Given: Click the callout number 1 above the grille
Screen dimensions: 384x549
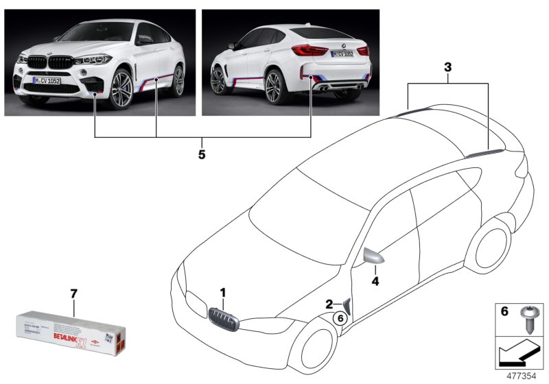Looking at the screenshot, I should [222, 293].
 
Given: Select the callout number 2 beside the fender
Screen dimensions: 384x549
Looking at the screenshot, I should [329, 304].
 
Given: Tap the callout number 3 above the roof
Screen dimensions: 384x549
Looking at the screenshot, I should [447, 68].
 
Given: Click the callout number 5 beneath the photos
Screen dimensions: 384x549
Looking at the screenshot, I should [202, 155].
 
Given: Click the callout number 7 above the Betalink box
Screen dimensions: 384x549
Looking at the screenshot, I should [74, 294].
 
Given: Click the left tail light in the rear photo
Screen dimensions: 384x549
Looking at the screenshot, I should [308, 51].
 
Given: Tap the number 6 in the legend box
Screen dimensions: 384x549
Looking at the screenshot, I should [504, 311].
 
